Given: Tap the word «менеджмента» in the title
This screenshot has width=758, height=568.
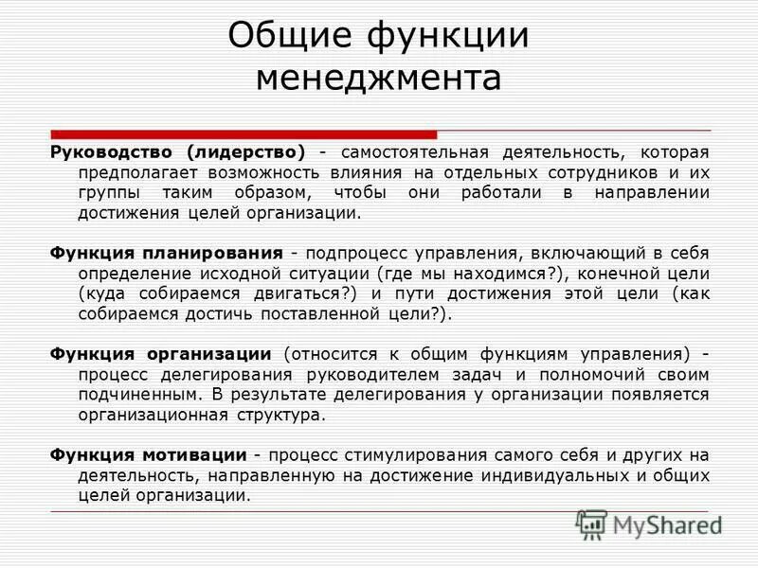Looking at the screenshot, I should (379, 78).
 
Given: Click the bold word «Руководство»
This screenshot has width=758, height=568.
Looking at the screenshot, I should (111, 152).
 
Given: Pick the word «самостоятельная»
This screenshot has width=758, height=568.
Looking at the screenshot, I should (415, 152).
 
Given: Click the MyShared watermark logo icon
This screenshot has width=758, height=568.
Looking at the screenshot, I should (592, 524).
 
